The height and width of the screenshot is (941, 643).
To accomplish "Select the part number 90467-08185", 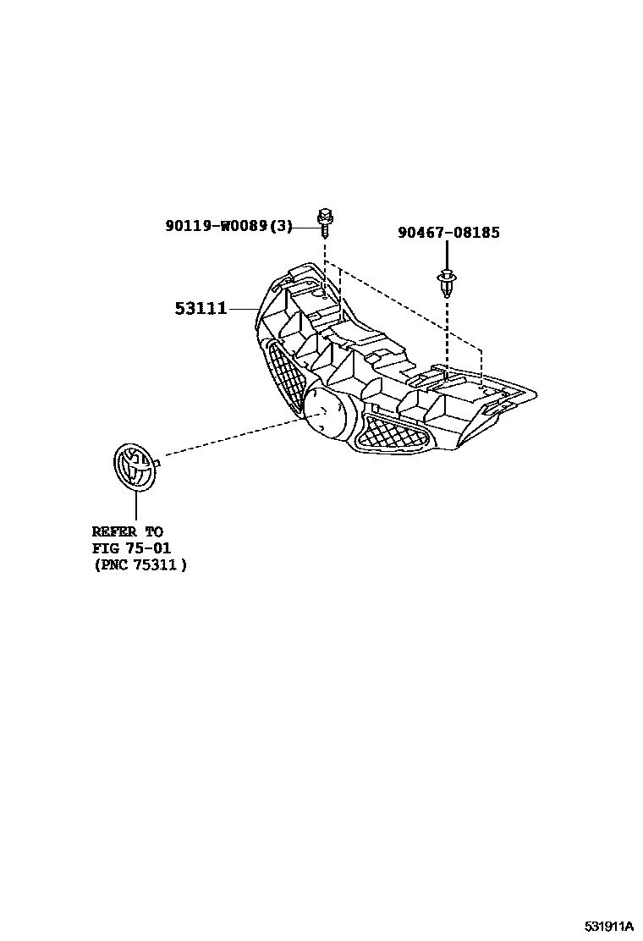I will [448, 232].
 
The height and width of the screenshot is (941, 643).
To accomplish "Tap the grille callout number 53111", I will [201, 309].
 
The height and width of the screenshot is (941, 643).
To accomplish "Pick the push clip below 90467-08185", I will [445, 282].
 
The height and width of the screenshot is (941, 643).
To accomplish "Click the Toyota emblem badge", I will [135, 466].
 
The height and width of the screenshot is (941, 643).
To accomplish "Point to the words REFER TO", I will [127, 532].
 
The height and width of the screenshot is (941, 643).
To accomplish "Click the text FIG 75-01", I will [131, 548].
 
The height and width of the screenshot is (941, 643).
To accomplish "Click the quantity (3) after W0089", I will [283, 226].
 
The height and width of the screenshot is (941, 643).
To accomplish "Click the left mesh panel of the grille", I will [285, 377].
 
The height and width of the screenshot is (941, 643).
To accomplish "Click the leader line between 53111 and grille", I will [243, 309].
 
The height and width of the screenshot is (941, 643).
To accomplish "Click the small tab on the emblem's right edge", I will [158, 462].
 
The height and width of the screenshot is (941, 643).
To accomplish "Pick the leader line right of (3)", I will [305, 226].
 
